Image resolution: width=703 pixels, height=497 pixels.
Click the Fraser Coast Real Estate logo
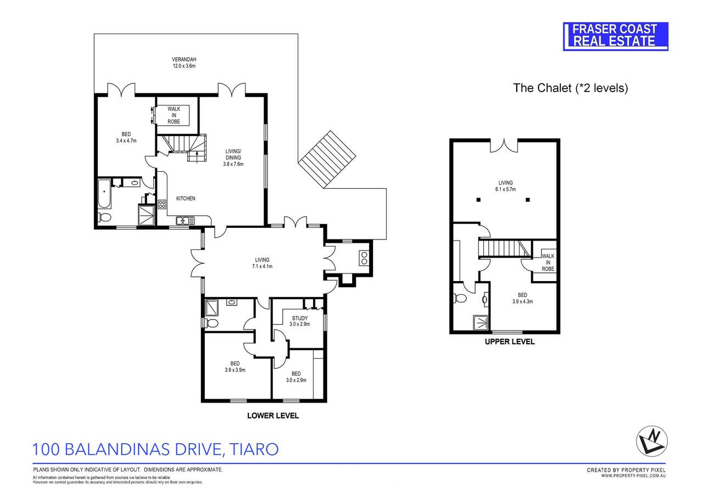pos(616,36)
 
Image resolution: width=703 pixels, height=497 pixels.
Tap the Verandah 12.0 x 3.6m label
pos(184,62)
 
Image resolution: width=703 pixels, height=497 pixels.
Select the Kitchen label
pos(185,198)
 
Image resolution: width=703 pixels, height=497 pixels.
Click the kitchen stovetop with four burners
pos(162,205)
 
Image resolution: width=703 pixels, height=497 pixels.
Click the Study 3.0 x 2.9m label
pos(299,321)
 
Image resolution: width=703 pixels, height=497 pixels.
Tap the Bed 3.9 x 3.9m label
pos(235,366)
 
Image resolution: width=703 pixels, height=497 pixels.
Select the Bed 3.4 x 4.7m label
pos(126,137)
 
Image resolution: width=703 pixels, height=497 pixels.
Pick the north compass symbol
pos(652,440)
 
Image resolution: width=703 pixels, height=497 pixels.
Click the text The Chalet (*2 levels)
pos(570,88)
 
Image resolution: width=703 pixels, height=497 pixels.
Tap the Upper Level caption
pos(509,342)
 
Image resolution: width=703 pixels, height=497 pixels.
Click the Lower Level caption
pos(273,416)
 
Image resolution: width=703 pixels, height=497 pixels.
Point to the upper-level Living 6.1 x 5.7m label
pos(505,186)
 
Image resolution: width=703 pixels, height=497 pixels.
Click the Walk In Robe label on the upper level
pos(548,262)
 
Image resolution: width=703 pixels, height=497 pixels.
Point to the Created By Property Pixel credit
pos(626,470)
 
